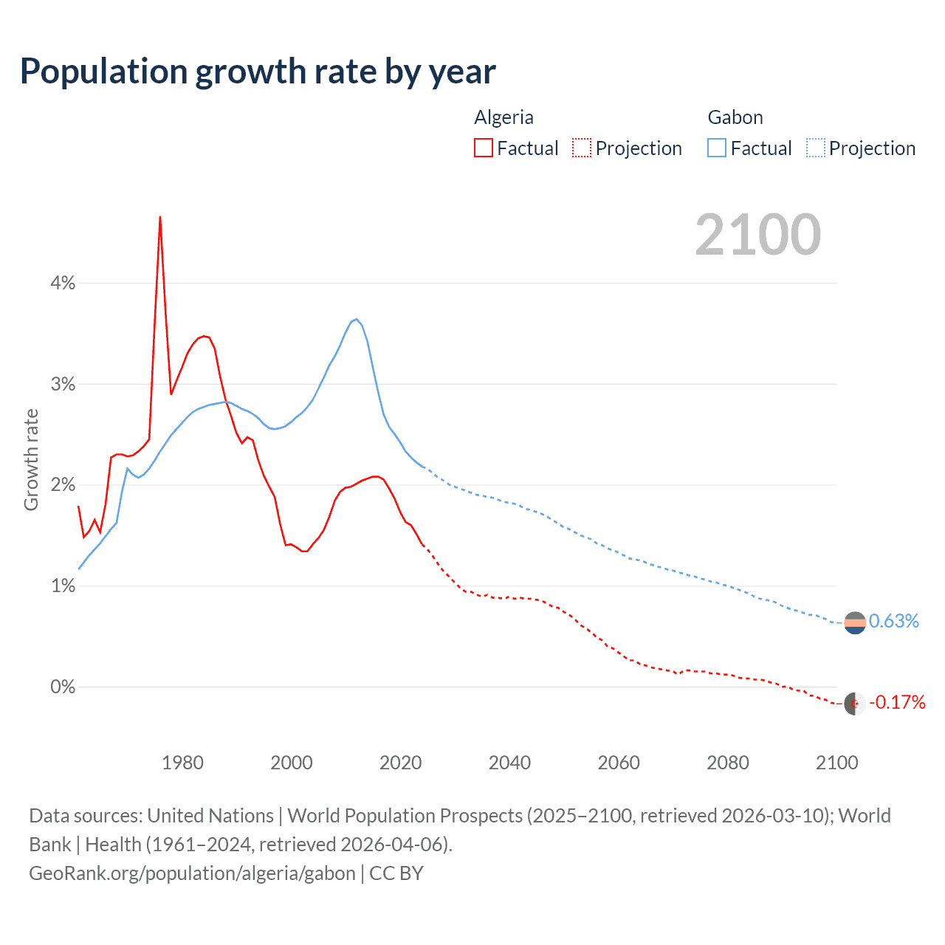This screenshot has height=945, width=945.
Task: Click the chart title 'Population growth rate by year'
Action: point(258,72)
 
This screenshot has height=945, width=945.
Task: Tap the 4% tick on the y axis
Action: point(63,283)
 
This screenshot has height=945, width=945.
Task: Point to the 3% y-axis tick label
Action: point(63,385)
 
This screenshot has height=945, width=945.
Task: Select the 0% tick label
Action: point(63,687)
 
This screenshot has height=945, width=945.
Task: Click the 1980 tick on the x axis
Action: point(182,763)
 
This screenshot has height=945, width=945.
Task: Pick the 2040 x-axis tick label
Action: point(509,763)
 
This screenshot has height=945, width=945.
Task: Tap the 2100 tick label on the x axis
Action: point(836,763)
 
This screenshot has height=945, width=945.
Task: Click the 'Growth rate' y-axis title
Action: point(31,459)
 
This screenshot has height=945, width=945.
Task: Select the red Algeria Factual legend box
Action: point(484,148)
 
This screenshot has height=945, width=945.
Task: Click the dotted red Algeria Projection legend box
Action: point(582,148)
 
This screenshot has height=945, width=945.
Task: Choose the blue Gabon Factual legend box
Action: point(717,148)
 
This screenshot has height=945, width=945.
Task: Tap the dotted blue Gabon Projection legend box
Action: point(816,148)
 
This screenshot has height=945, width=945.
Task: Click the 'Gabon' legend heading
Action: point(735,117)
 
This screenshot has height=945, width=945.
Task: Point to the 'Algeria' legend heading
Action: point(504,117)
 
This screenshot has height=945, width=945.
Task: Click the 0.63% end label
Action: point(893,622)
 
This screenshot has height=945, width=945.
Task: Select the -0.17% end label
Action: point(897,702)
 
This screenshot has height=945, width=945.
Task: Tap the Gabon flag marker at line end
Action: point(855,623)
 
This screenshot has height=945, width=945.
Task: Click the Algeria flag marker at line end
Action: point(855,704)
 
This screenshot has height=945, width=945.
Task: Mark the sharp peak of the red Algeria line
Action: point(160,217)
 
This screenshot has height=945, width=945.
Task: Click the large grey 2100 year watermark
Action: point(757,235)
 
